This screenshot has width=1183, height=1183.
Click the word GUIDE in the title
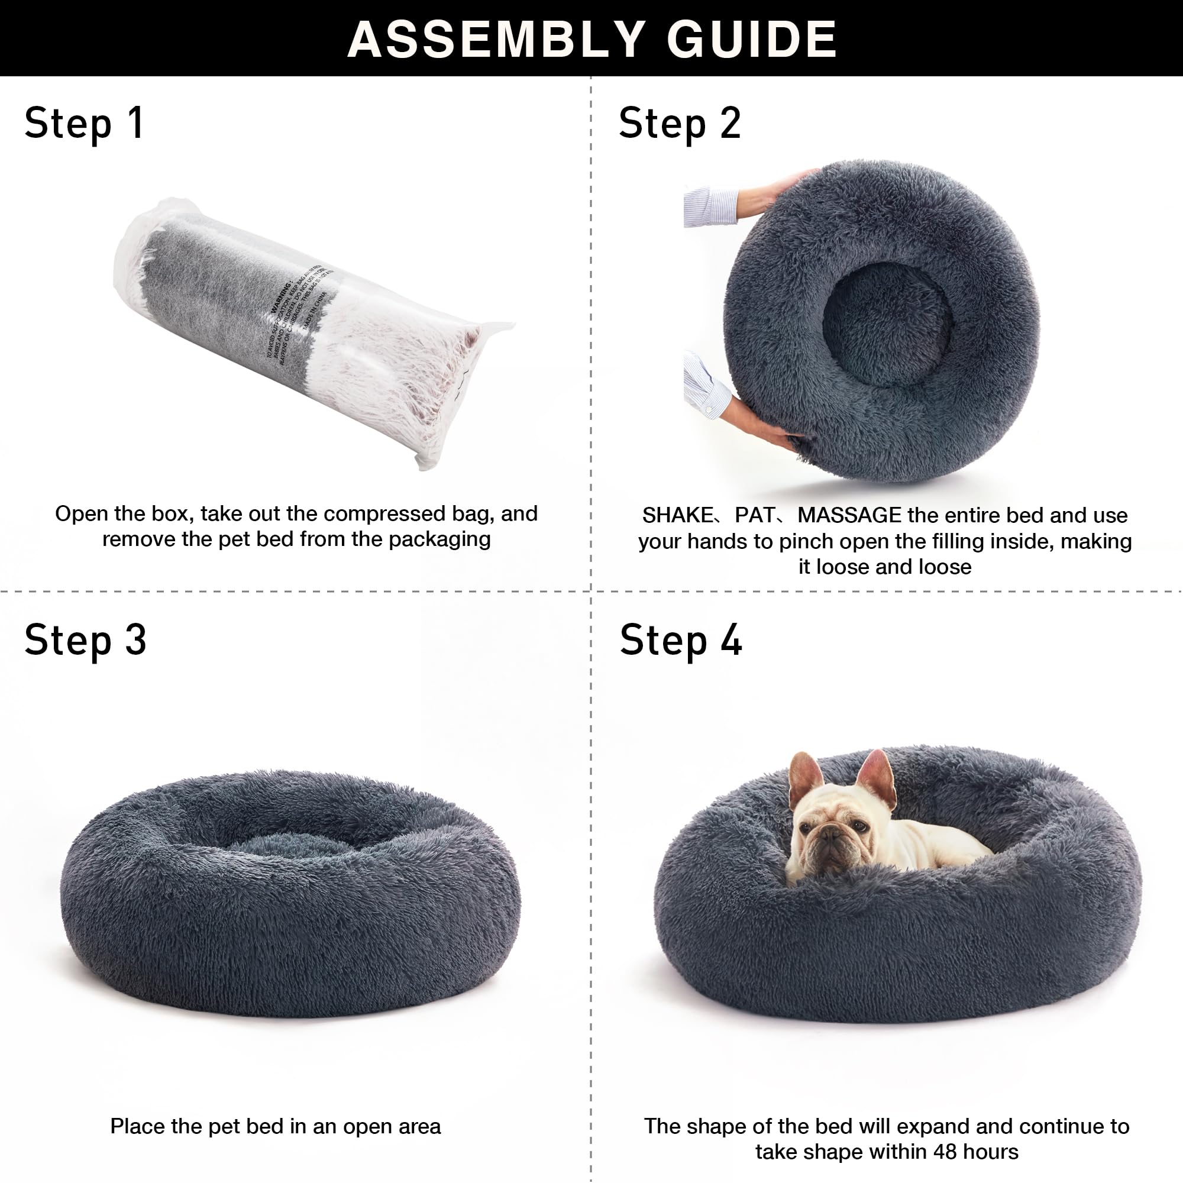coord(752,39)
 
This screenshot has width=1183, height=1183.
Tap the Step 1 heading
coord(84,124)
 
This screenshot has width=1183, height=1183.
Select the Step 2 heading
coord(680,124)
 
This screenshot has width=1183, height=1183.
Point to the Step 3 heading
coord(85,641)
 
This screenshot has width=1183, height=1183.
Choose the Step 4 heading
coord(680,641)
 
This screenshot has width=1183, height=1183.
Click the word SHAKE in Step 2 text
coord(677,515)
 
